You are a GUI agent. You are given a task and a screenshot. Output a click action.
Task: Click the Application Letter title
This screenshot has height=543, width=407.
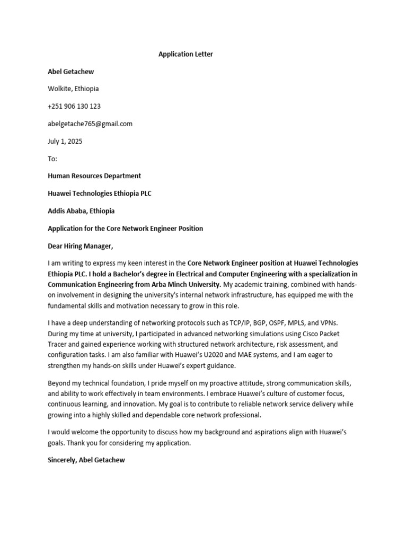[185, 54]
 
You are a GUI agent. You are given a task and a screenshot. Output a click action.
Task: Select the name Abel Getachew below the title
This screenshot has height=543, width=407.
[71, 72]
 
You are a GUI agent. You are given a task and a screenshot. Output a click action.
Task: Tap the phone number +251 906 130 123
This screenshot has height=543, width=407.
[74, 106]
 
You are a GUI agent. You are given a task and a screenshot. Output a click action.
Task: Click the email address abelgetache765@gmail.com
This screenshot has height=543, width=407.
[90, 124]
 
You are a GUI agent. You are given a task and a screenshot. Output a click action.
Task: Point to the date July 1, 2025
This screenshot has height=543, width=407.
[65, 141]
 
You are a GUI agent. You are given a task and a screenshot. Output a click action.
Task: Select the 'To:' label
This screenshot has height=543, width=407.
[52, 159]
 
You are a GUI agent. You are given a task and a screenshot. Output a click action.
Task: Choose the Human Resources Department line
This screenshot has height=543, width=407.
[94, 176]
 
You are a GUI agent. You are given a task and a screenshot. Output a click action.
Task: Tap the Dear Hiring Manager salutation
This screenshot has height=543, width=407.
[81, 246]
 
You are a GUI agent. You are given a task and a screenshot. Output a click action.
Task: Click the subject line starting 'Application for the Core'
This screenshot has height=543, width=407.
[125, 228]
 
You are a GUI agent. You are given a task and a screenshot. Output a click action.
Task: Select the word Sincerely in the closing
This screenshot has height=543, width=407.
[62, 460]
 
